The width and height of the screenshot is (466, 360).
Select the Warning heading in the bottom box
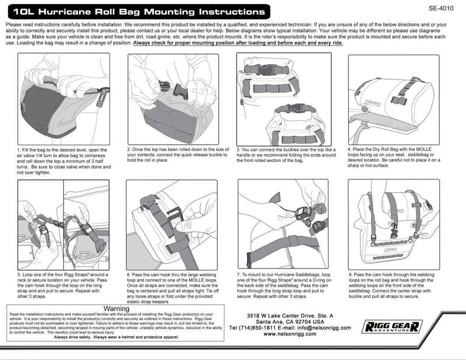115,308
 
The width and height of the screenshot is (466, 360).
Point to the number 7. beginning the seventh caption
239,273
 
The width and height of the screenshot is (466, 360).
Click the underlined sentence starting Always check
241,43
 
